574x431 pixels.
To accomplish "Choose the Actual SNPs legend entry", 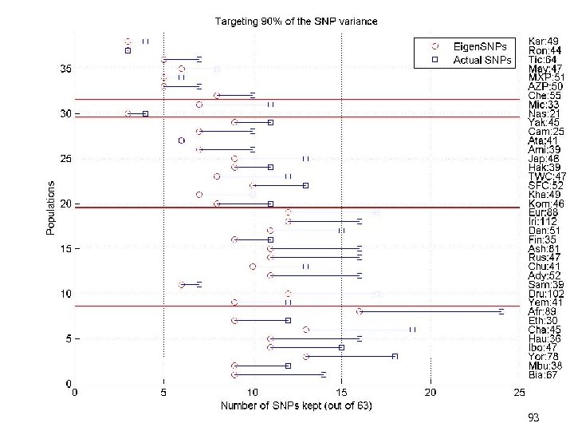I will pos(470,59).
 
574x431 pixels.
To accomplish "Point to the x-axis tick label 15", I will pos(341,393).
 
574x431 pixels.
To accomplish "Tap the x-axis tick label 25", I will pos(519,393).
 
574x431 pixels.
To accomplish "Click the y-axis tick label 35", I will pos(65,69).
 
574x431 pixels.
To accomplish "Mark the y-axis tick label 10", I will pos(65,295).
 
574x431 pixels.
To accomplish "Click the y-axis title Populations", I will pos(50,208).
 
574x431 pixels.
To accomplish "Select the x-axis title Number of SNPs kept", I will pos(296,406).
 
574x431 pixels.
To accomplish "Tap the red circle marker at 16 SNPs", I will pos(360,311).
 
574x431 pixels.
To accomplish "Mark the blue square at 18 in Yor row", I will pos(395,357).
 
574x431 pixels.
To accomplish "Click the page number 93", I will pos(533,417).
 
